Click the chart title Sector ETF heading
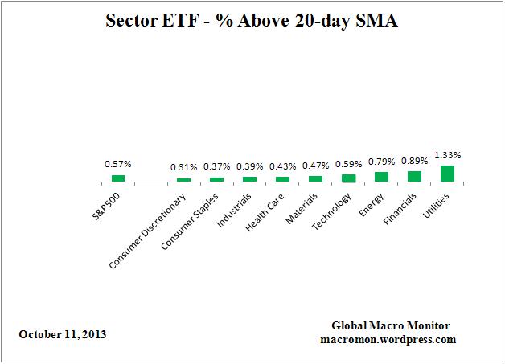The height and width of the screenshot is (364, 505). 252,22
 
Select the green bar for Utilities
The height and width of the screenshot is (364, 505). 447,174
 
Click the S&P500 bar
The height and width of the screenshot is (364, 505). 118,178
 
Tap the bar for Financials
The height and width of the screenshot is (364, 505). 414,176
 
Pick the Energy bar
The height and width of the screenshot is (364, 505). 381,177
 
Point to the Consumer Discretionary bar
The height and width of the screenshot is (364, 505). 183,180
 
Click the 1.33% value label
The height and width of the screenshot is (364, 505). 447,155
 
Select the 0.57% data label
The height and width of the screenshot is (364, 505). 118,164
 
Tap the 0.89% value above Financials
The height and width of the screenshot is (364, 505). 414,161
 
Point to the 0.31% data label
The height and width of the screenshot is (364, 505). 183,167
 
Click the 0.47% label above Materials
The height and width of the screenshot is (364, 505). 315,166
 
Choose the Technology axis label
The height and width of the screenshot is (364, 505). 331,208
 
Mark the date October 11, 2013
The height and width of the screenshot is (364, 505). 63,333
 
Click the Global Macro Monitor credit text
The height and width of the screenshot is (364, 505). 391,325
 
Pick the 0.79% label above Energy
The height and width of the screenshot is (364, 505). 381,162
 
